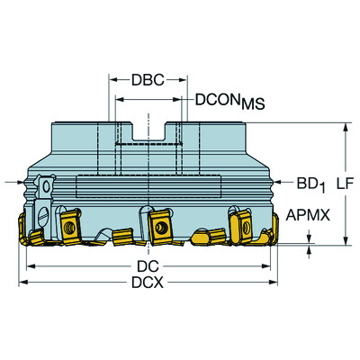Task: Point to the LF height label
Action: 343,184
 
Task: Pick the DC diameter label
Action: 148,267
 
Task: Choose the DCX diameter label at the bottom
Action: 148,283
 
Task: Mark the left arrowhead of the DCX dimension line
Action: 24,283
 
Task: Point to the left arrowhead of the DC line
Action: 30,267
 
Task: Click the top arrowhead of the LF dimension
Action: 345,127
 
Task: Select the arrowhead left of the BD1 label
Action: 281,184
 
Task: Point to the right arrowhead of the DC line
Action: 267,267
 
